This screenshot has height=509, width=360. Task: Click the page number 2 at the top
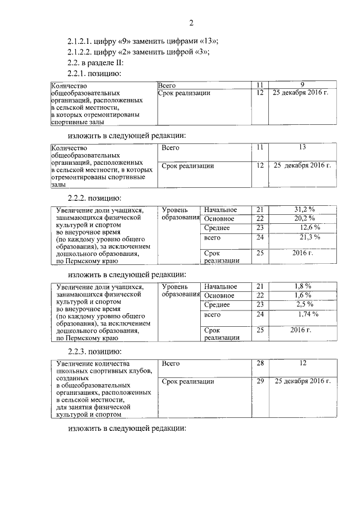pos(191,23)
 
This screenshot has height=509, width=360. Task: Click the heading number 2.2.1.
pos(79,73)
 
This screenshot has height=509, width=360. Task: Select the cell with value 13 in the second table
pos(301,147)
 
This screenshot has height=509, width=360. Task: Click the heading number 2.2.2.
pos(79,198)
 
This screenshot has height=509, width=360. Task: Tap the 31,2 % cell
pos(304,210)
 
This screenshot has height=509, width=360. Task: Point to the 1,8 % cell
pos(303,286)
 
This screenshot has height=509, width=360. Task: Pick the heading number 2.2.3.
pos(79,352)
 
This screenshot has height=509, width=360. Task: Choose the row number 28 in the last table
pos(260,364)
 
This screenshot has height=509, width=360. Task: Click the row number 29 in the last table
pos(260,381)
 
